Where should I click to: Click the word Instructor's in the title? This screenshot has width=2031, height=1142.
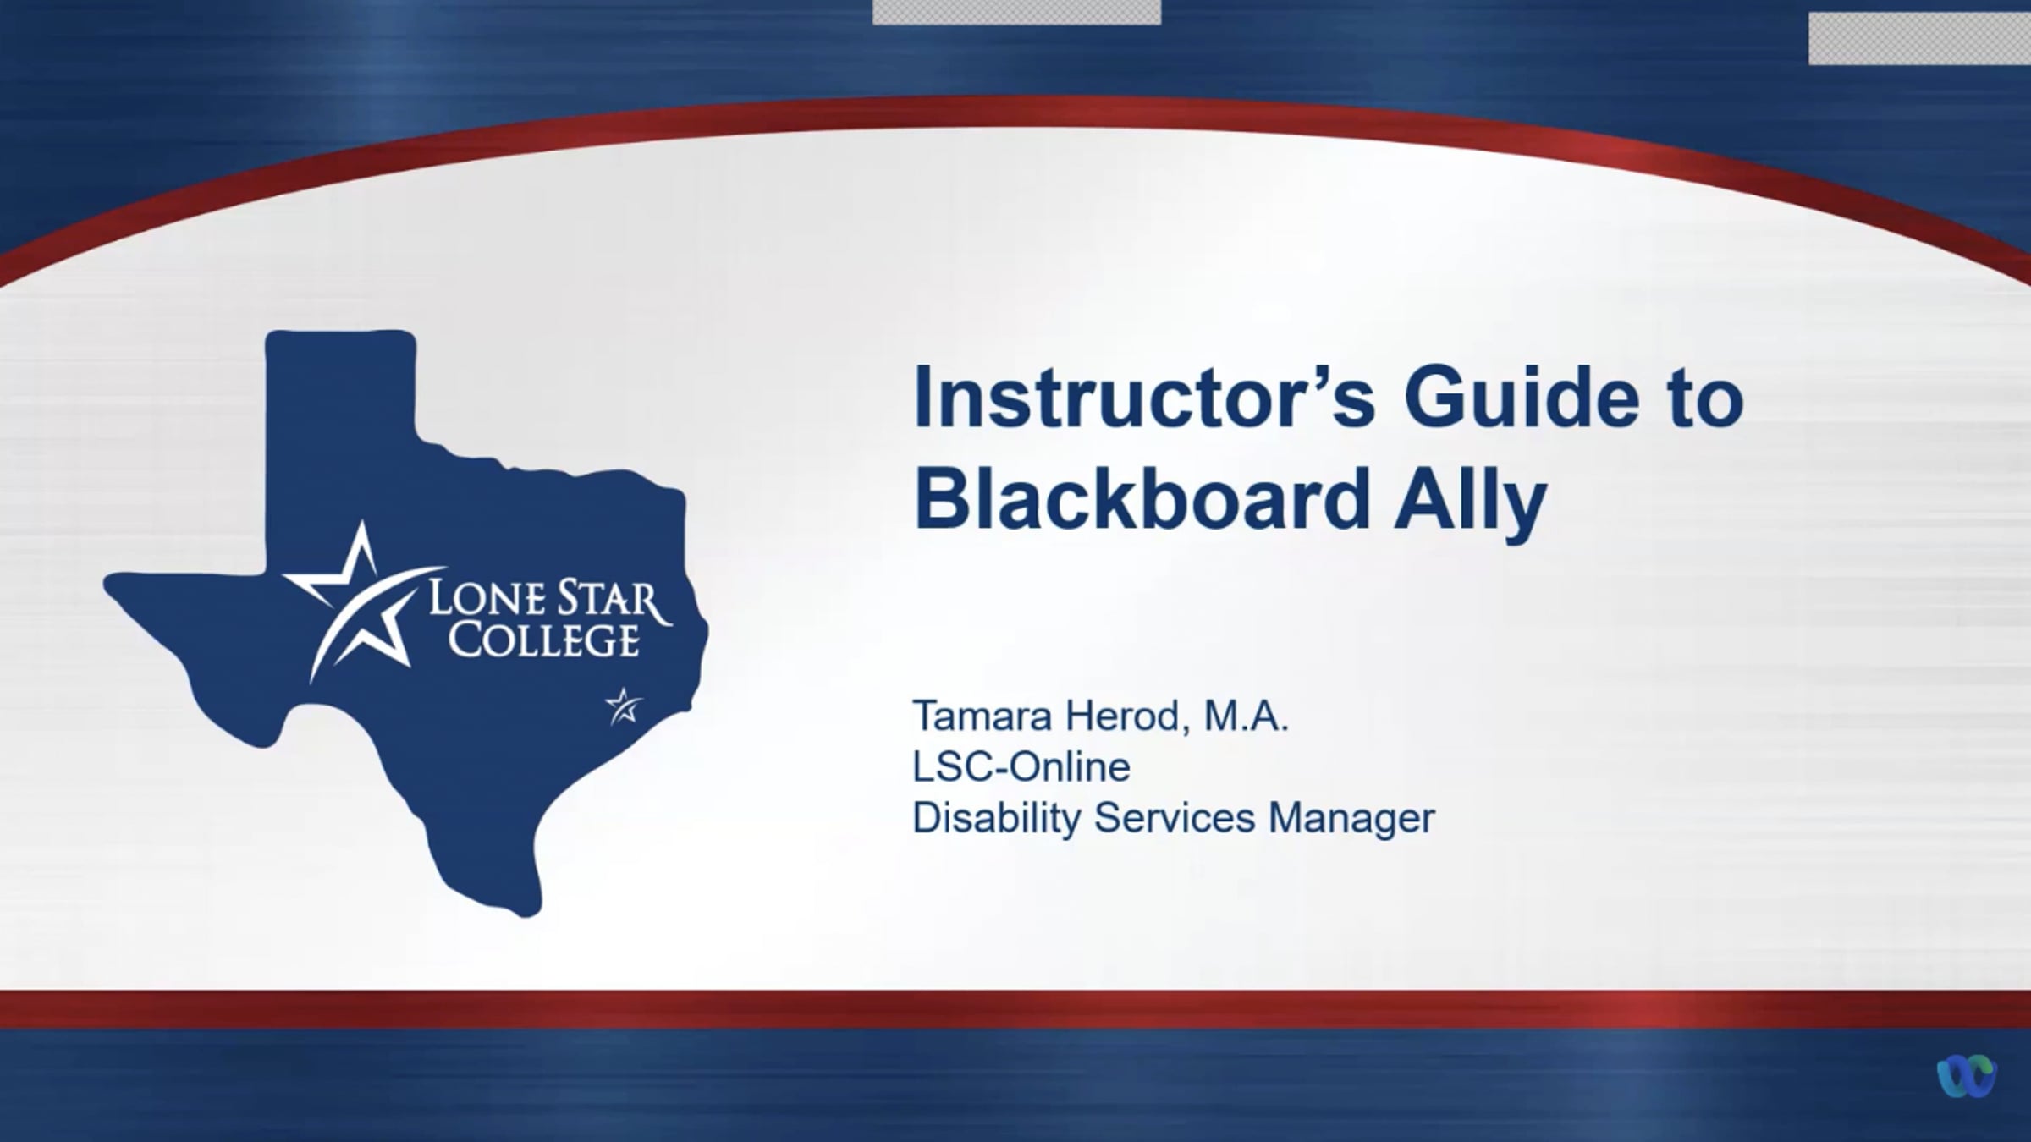coord(1147,397)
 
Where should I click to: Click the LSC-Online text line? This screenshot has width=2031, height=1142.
coord(1021,767)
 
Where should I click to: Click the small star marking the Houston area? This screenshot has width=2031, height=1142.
coord(624,706)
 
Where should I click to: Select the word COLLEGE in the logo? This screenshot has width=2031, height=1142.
coord(542,640)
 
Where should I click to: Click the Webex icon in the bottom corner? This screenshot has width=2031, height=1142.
coord(1967,1076)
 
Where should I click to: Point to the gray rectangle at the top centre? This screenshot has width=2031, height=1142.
coord(1016,12)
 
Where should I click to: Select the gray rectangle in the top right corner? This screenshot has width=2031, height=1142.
coord(1919,38)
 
